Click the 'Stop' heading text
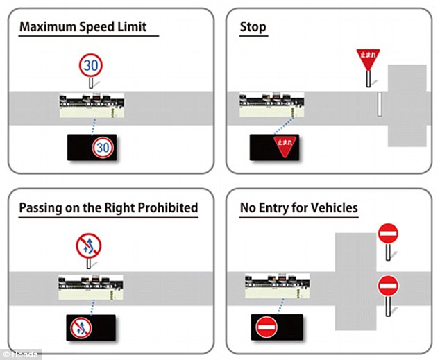(x=253, y=28)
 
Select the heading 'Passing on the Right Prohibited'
(x=108, y=207)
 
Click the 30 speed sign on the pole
(x=91, y=65)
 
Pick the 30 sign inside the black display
(x=102, y=147)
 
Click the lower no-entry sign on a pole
(x=387, y=285)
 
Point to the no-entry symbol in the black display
(x=266, y=327)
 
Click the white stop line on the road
(x=378, y=103)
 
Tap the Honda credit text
(x=21, y=354)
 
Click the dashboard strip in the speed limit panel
(x=92, y=105)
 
